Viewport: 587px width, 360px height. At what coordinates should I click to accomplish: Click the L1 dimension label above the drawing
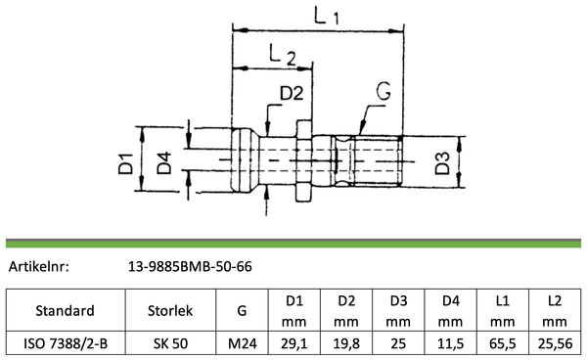click(x=326, y=16)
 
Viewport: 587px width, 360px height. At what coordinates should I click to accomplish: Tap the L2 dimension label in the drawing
click(x=283, y=55)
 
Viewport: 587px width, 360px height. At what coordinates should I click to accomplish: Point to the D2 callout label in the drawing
click(x=292, y=94)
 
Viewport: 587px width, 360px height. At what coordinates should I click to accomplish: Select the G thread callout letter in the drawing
click(x=384, y=91)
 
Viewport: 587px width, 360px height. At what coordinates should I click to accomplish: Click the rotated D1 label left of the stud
click(x=125, y=164)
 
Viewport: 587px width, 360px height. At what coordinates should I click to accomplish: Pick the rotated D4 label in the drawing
click(x=163, y=163)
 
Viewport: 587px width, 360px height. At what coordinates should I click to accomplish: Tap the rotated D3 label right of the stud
click(x=442, y=163)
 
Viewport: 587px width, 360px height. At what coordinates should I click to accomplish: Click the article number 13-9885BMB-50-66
click(x=190, y=267)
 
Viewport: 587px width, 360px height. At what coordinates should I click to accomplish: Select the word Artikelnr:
click(x=39, y=267)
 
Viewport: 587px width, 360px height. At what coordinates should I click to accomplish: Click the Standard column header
click(x=65, y=311)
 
